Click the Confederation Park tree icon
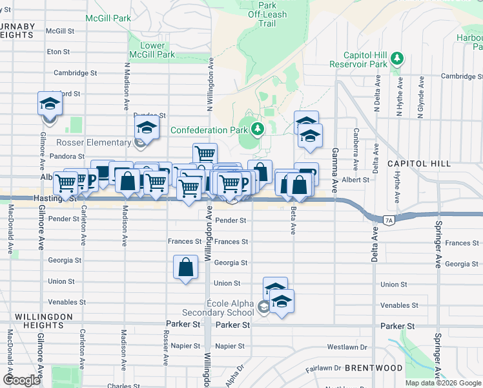(258, 130)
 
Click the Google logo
(22, 380)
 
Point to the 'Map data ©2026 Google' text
(444, 383)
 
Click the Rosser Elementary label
(94, 142)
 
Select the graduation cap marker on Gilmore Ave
(48, 105)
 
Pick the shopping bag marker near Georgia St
(185, 267)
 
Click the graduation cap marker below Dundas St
(147, 128)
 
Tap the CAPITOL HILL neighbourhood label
(418, 164)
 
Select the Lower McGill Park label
(152, 50)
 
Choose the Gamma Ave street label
(334, 169)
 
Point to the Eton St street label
(58, 51)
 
